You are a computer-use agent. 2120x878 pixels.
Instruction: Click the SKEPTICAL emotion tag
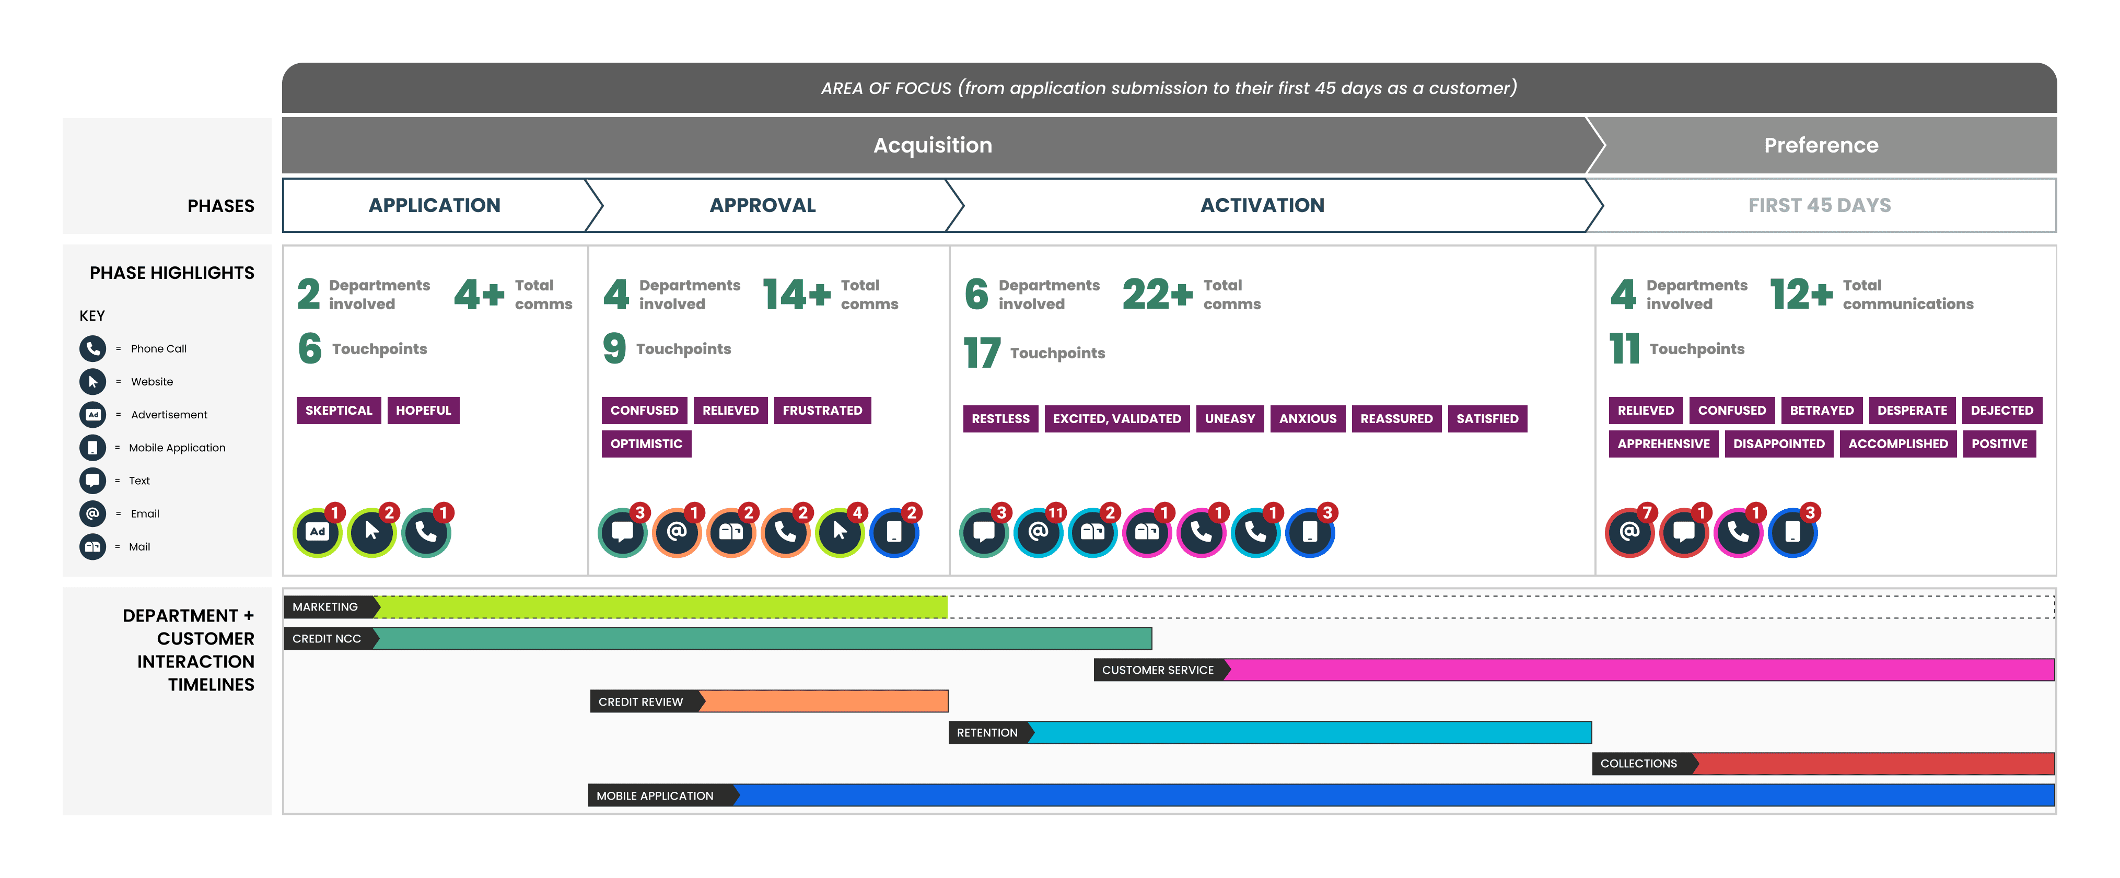[338, 410]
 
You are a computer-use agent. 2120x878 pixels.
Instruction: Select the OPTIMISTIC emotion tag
[646, 443]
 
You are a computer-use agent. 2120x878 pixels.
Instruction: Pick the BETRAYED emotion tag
[1821, 410]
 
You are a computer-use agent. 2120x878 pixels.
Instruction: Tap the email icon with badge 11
[1038, 532]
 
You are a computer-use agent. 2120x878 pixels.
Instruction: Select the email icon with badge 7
[1629, 532]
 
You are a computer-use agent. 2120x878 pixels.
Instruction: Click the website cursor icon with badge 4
[840, 532]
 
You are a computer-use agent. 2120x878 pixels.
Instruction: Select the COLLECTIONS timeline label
[1638, 764]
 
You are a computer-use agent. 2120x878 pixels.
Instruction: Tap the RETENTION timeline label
[987, 732]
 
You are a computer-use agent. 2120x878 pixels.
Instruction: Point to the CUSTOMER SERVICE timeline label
[1157, 670]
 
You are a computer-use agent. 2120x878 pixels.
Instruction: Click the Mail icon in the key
[92, 546]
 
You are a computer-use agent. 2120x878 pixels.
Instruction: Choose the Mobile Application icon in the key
[92, 448]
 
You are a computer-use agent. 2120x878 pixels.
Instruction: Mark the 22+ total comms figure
[1156, 295]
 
